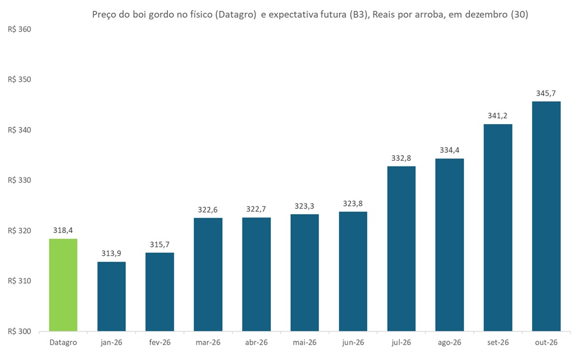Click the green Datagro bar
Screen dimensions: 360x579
pos(63,284)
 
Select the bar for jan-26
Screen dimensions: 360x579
pos(111,296)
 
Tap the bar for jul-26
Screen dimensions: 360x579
pos(401,248)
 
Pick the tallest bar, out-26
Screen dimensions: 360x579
pos(546,216)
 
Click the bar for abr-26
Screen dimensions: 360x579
pos(256,274)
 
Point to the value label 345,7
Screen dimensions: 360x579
pos(546,93)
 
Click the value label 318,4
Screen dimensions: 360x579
pos(63,230)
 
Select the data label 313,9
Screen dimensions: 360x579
pos(111,253)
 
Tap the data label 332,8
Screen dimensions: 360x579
pos(401,157)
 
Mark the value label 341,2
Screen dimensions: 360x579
pos(498,115)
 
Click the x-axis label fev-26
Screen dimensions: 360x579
pos(159,342)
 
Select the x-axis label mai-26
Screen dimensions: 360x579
pos(304,342)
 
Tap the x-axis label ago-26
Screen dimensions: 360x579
pos(449,342)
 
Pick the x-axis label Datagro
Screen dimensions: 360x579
pos(63,342)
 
